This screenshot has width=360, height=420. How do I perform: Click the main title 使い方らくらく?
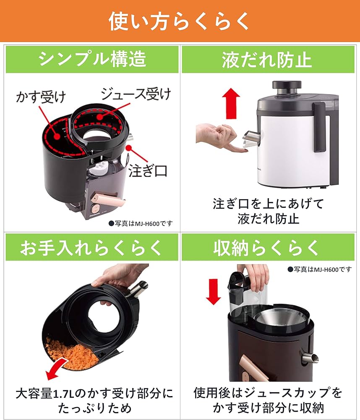[x=180, y=21]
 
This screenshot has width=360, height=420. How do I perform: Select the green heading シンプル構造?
[x=92, y=60]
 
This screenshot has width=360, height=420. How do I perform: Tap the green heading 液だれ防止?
[x=267, y=60]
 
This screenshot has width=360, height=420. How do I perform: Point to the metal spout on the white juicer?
[x=250, y=139]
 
